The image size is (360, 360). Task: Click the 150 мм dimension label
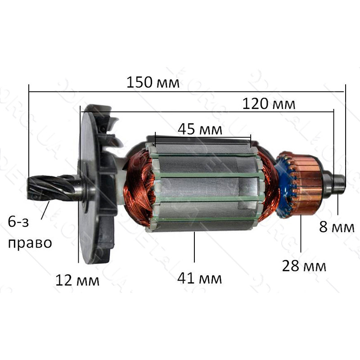pos(153,82)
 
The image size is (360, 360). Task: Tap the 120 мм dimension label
pos(269,104)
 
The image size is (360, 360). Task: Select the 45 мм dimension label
pos(200,129)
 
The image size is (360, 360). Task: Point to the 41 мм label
pos(199,278)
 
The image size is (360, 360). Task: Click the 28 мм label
pos(304,266)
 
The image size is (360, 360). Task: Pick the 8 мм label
pos(337,227)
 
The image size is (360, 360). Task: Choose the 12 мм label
pos(77,280)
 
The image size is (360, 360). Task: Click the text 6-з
pos(18,222)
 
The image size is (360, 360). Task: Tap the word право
pos(30,243)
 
